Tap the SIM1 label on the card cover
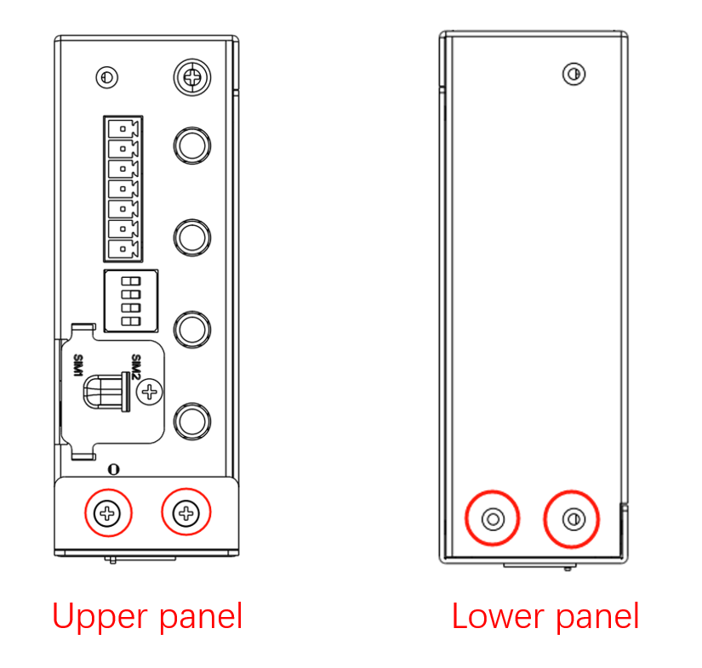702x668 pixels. [78, 365]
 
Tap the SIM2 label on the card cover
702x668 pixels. [136, 366]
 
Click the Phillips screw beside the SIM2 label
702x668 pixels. [150, 392]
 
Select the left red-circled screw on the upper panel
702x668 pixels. [107, 512]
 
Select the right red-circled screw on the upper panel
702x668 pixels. [185, 512]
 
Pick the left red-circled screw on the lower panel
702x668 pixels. [493, 519]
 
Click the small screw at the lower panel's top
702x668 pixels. [574, 74]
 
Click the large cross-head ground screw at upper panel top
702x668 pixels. [192, 76]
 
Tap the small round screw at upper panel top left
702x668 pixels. [107, 77]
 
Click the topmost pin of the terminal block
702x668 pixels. [123, 129]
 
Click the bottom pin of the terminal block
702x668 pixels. [123, 249]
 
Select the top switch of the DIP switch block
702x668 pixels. [131, 281]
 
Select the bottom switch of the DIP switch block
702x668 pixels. [131, 321]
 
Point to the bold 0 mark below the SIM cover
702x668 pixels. [114, 469]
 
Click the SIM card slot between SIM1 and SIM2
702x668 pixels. [106, 392]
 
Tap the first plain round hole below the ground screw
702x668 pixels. [192, 145]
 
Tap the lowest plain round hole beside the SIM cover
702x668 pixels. [192, 422]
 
